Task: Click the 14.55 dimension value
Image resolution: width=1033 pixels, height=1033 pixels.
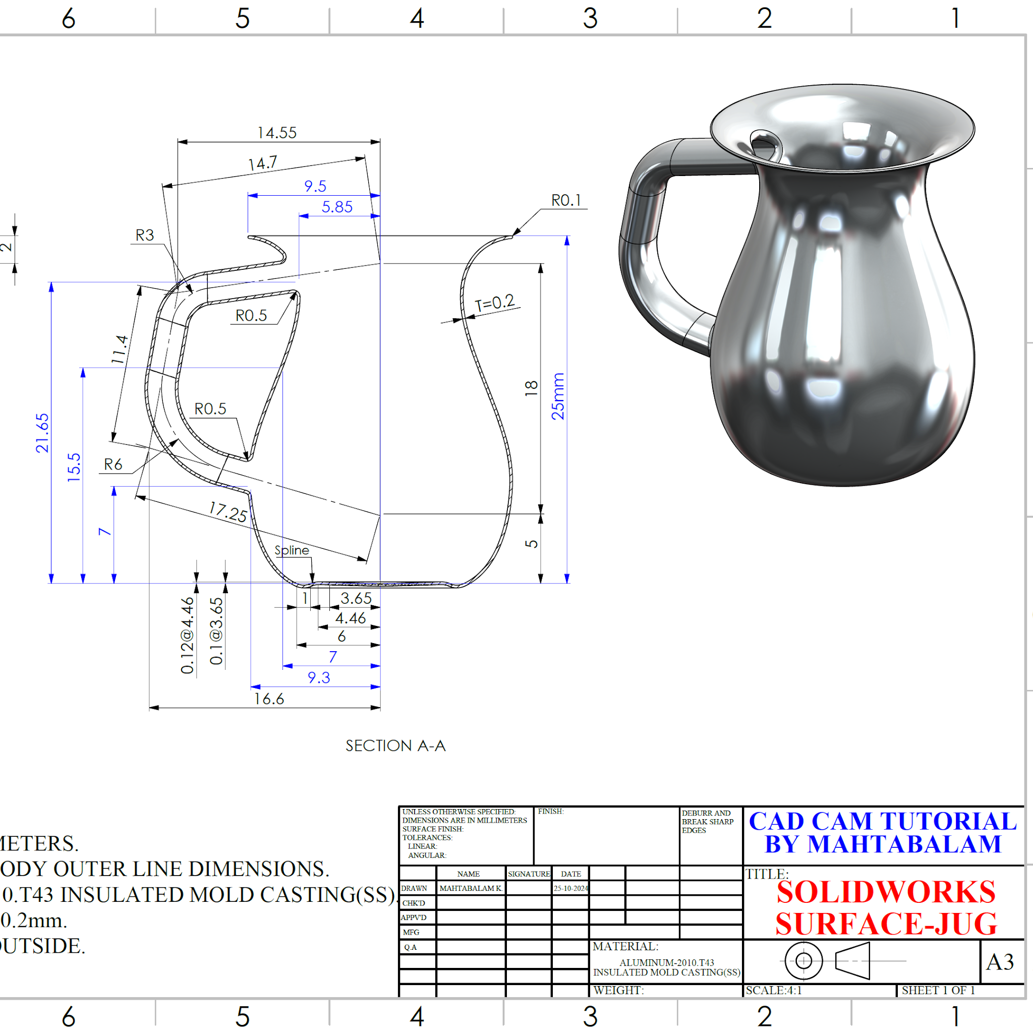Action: click(276, 133)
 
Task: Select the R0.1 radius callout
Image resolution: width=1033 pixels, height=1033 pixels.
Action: click(566, 201)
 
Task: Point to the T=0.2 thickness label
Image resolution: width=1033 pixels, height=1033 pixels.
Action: click(495, 303)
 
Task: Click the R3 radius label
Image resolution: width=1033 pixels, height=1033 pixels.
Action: click(144, 235)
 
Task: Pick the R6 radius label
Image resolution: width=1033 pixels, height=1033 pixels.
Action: click(113, 464)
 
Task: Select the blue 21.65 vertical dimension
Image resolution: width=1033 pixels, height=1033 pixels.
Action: click(42, 433)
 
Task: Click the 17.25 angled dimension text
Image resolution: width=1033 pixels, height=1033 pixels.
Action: click(228, 511)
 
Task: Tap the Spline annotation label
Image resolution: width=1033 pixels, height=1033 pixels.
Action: click(292, 550)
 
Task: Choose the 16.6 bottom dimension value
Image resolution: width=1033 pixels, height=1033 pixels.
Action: click(268, 699)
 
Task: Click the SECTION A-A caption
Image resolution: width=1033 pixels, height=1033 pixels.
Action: click(395, 745)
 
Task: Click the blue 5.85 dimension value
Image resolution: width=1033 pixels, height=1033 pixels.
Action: click(337, 207)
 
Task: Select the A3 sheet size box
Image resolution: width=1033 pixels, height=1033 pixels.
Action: click(1000, 962)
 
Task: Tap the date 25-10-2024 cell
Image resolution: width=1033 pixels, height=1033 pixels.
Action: click(570, 888)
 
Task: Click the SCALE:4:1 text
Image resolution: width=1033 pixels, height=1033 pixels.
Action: click(773, 990)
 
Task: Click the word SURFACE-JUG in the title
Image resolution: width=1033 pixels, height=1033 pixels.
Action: click(886, 924)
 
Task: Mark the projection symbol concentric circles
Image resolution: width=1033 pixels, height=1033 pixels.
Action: click(803, 961)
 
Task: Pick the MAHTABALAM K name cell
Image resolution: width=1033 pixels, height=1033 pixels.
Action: click(470, 888)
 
